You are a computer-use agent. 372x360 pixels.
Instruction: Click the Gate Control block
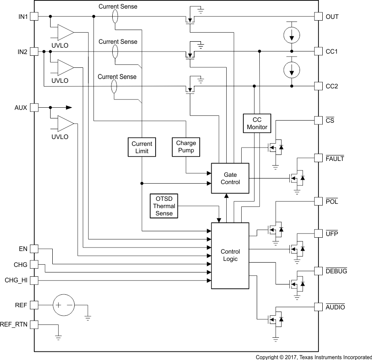click(x=230, y=178)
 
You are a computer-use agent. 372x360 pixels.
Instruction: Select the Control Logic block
click(x=230, y=255)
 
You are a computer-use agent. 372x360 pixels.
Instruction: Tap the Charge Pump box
click(x=186, y=147)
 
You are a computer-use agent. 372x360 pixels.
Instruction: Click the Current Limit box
click(x=141, y=147)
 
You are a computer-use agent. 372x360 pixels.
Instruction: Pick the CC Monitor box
click(x=257, y=123)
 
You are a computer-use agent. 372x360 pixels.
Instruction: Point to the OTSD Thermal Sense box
click(x=164, y=206)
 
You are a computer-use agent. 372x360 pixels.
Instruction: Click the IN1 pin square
click(x=34, y=16)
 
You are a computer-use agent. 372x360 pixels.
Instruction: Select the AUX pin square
click(x=34, y=107)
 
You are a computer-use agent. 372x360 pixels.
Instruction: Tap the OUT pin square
click(x=318, y=16)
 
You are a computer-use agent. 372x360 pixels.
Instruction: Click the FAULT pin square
click(x=318, y=158)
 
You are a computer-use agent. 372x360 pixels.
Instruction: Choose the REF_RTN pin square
click(x=34, y=324)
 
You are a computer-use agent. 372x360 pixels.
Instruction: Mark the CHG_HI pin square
click(x=34, y=280)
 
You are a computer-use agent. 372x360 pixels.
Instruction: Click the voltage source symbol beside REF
click(x=63, y=305)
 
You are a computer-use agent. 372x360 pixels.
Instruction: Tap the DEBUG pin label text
click(x=336, y=271)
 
